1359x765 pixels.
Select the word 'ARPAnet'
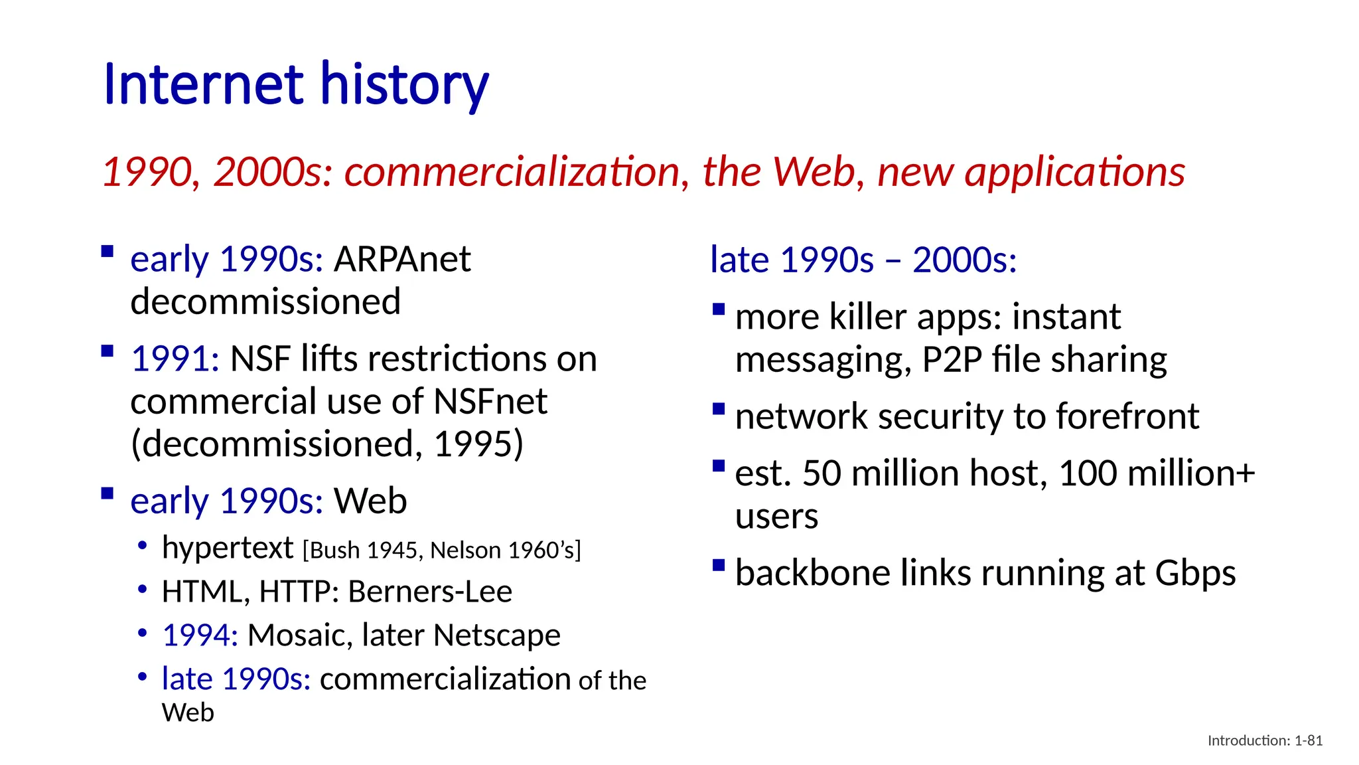(402, 259)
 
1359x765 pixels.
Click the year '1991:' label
(175, 359)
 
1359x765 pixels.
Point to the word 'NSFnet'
(490, 402)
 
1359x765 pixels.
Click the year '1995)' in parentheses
(478, 444)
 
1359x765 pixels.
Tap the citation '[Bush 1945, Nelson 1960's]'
(441, 551)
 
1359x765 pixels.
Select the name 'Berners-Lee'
(430, 592)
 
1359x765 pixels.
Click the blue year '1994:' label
(200, 636)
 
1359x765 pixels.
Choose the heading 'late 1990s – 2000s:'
(863, 260)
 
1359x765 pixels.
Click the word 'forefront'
(1127, 417)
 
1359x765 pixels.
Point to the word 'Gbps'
(1195, 573)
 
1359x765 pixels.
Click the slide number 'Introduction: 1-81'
(1265, 740)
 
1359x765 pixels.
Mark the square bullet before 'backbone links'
(718, 565)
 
